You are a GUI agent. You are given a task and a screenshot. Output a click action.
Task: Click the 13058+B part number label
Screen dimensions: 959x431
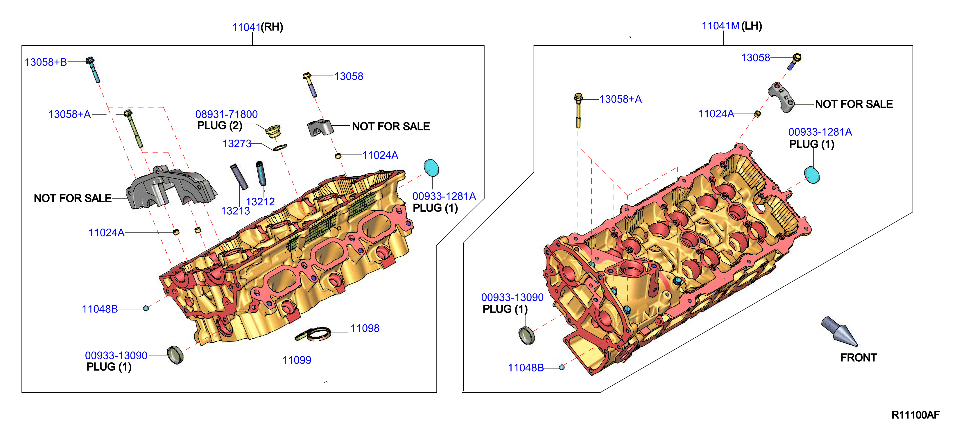[46, 62]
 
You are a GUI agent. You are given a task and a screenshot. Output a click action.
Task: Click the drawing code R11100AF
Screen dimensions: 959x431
[915, 415]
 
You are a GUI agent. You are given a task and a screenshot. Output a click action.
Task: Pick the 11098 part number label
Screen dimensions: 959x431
[365, 328]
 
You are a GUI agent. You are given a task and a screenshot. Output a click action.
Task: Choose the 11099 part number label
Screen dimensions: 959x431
[297, 360]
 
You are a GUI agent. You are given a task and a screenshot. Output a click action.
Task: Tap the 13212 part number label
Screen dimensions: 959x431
[260, 202]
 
